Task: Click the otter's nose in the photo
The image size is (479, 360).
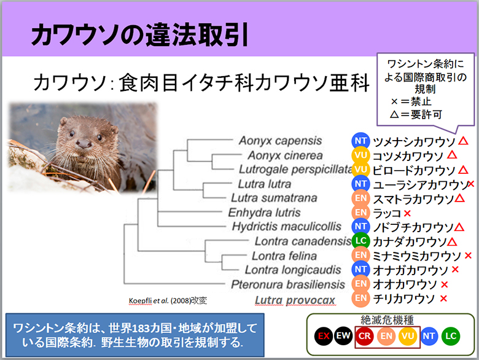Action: [84, 143]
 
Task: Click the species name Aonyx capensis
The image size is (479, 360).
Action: [280, 141]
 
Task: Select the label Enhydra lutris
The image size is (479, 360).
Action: [264, 213]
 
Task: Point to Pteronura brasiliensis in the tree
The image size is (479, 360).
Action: [288, 284]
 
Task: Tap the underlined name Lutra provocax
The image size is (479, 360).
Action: [295, 300]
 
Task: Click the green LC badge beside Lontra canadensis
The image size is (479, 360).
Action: [360, 241]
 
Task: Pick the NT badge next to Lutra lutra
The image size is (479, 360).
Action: [360, 184]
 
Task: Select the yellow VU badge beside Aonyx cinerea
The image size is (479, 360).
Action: [360, 155]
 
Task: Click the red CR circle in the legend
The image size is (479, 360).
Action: [364, 336]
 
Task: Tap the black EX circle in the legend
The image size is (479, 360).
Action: [324, 336]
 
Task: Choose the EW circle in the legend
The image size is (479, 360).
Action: [343, 336]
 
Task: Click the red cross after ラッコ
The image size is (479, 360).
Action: [407, 213]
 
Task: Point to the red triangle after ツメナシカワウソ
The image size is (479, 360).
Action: [463, 141]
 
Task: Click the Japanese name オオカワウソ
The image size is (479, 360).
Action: [405, 284]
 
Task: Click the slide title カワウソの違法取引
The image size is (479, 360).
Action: [140, 34]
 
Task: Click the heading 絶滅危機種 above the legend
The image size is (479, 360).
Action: [387, 319]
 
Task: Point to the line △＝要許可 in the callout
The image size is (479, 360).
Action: [416, 115]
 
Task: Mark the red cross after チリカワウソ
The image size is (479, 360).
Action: [443, 299]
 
